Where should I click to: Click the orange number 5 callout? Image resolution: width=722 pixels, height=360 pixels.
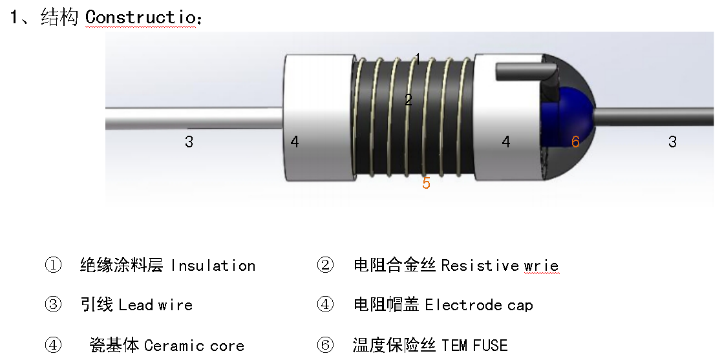tap(426, 183)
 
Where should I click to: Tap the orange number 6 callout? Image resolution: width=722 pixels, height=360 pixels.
tap(575, 142)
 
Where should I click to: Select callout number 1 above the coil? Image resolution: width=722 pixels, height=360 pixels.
tap(418, 59)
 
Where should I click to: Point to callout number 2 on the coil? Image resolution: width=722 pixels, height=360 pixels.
tap(408, 100)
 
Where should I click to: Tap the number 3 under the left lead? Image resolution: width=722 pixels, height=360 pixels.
tap(189, 142)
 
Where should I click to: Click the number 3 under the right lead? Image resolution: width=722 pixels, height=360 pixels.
tap(672, 142)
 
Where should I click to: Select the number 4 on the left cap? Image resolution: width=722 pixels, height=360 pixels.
tap(295, 142)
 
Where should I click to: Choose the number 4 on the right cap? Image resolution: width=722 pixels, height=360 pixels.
tap(506, 142)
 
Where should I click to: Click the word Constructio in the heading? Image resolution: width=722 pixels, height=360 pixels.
tap(140, 17)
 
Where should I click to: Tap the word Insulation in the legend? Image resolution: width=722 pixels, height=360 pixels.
tap(213, 266)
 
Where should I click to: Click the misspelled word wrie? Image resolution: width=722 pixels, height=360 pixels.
tap(542, 266)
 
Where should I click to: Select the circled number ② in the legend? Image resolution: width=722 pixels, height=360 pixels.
tap(324, 266)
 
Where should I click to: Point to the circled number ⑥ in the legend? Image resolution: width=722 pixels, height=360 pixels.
tap(324, 345)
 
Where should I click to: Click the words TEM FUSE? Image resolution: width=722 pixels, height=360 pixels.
tap(474, 345)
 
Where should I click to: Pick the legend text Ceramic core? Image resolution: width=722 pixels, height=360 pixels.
tap(194, 345)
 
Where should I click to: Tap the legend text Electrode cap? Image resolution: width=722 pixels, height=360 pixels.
tap(478, 305)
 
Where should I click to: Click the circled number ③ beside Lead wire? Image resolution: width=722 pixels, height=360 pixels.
tap(53, 305)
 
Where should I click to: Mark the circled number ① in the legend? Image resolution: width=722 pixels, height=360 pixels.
tap(53, 266)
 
